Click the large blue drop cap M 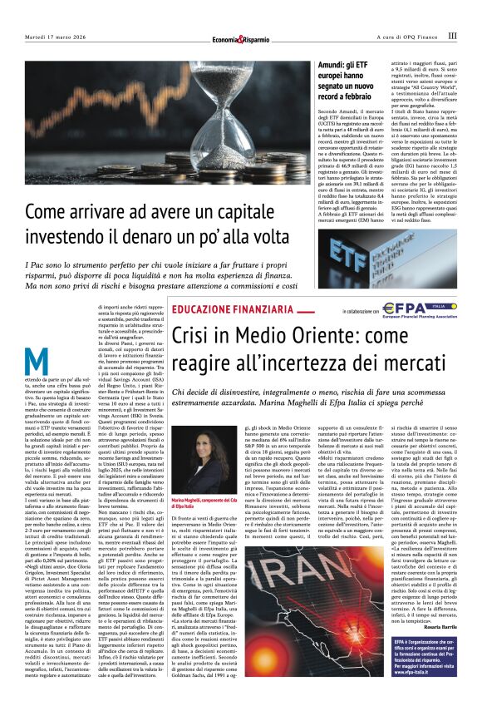(36, 363)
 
